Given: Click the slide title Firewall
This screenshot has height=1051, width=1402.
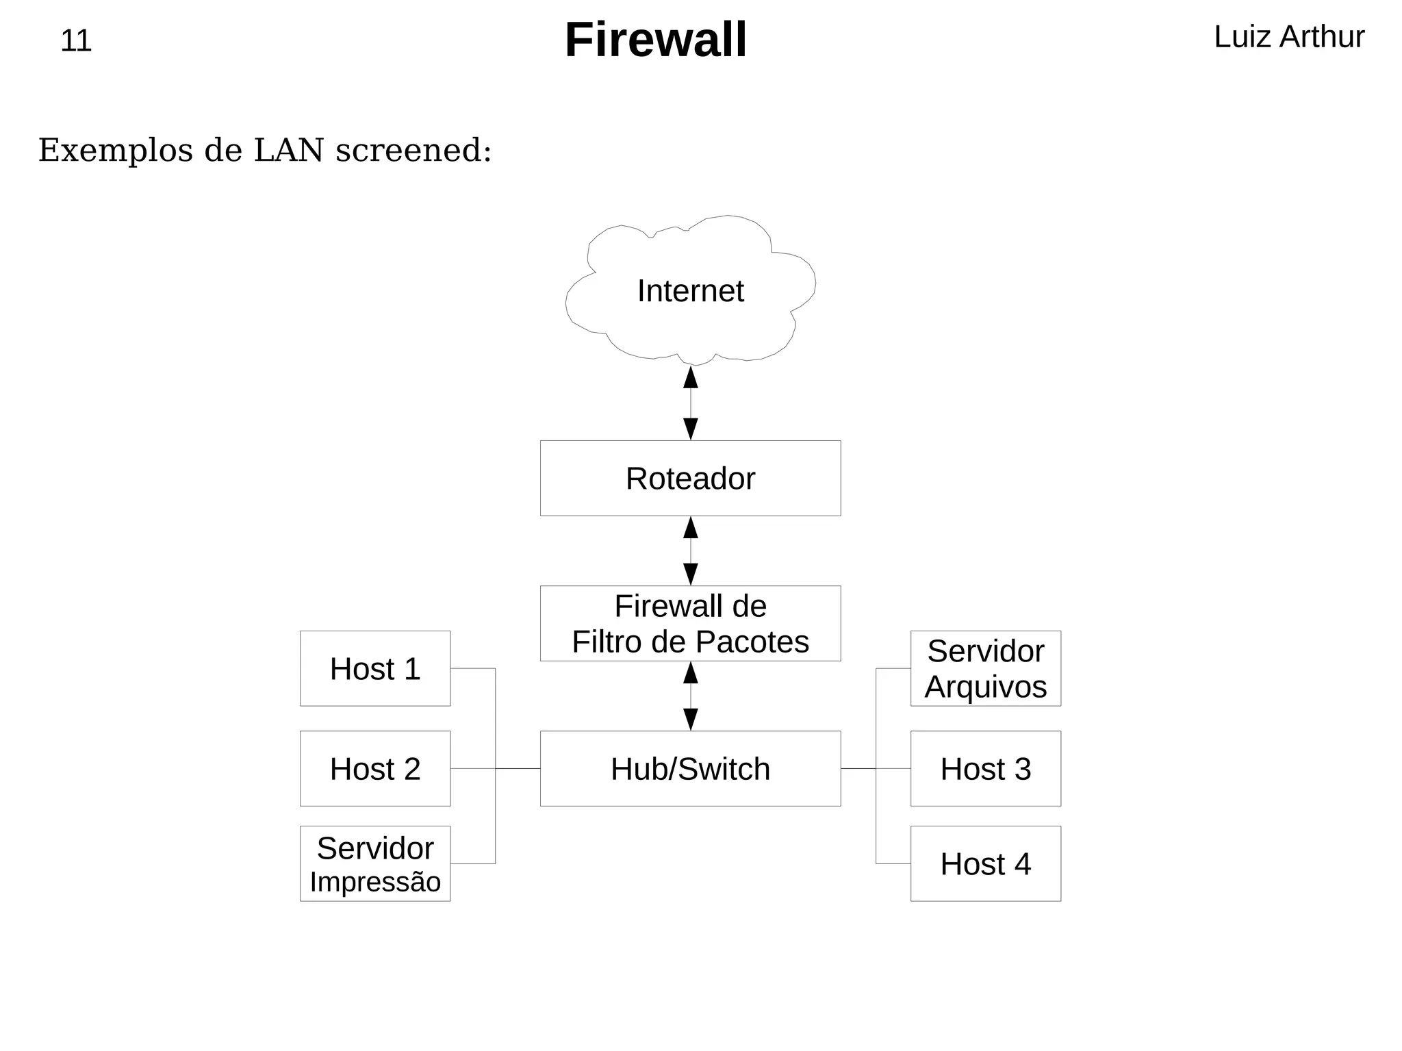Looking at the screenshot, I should point(655,40).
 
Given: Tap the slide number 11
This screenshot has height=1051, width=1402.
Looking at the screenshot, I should point(75,41).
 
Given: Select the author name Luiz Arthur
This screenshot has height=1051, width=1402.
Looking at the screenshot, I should point(1288,37).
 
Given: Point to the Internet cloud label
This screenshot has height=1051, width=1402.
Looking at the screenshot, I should point(690,291).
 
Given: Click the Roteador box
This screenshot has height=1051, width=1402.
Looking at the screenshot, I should point(690,478).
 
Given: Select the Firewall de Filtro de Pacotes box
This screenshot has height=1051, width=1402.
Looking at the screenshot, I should point(690,623).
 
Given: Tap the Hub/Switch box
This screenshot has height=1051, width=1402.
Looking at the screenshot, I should point(690,768).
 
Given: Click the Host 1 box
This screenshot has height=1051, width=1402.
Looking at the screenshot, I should point(375,668).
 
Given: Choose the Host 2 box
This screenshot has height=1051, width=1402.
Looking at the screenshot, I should point(375,768).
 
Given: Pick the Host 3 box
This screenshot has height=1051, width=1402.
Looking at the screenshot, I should point(985,768).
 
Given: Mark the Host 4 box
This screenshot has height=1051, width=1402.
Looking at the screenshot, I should point(985,863).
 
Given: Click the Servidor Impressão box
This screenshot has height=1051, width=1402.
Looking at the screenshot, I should point(375,863).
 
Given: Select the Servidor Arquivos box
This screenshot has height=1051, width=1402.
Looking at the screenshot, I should point(985,668).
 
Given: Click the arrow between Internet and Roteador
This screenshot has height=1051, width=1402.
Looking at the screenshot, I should point(691,403).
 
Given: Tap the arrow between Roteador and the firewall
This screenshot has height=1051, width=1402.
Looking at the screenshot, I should point(691,550).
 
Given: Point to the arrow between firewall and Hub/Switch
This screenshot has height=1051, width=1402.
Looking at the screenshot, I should point(691,696).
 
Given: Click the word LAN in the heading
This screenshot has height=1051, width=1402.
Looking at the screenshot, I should point(288,150).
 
